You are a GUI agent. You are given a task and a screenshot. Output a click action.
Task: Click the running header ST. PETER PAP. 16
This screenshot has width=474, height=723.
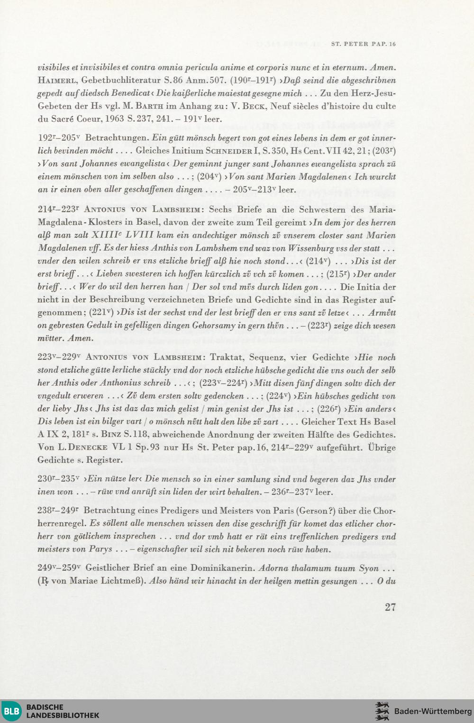tap(363, 44)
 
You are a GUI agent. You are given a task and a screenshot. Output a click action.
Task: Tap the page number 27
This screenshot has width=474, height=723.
tap(390, 607)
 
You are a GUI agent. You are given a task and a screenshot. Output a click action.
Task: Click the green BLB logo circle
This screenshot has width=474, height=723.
tap(11, 711)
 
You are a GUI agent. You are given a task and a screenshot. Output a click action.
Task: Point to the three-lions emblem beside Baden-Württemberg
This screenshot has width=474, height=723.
tap(382, 711)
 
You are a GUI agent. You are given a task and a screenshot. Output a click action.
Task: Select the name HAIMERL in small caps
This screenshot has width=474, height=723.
tap(57, 81)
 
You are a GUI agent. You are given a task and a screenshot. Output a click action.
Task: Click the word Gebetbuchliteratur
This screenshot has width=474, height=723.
tap(121, 81)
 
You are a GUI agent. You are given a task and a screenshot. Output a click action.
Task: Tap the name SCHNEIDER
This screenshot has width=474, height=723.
tap(229, 151)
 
